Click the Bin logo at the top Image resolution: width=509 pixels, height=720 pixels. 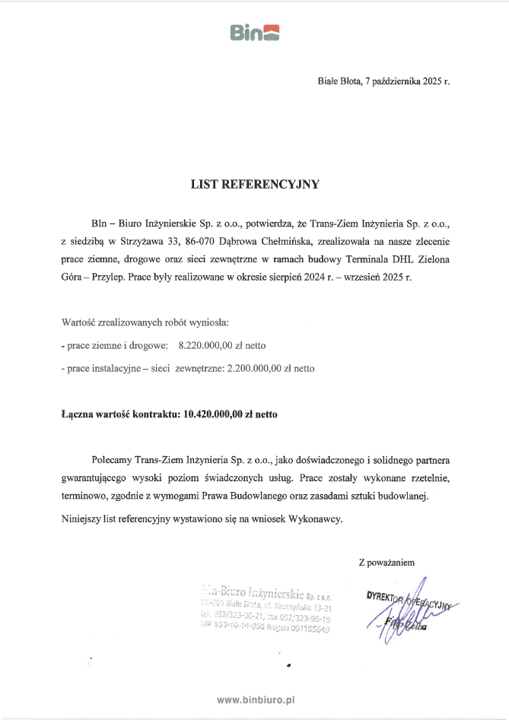(254, 32)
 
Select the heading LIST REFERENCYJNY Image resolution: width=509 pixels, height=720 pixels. (255, 184)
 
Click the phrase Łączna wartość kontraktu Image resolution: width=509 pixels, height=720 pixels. (121, 415)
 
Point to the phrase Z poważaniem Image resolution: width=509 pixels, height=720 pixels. (386, 563)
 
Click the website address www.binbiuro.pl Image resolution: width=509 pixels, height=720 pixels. (255, 699)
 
